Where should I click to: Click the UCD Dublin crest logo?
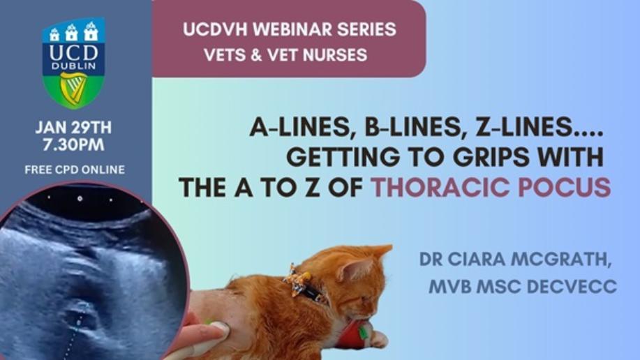pos(74,63)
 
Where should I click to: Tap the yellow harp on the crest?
pos(73,89)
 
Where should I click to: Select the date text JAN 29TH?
pos(73,128)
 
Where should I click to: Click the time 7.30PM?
pos(74,145)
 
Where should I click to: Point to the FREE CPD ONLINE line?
pos(75,170)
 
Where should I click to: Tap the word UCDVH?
pos(215,29)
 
